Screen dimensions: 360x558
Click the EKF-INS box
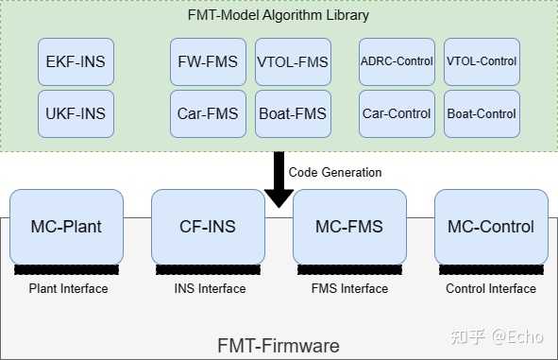point(76,62)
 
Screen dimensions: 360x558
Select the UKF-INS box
point(76,114)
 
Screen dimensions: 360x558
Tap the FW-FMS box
point(208,62)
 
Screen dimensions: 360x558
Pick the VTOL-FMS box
point(293,62)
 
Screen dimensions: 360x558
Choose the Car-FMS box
point(208,114)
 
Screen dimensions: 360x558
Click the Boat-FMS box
point(293,114)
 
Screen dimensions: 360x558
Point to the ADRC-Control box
point(397,62)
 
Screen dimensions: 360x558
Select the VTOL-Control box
point(482,62)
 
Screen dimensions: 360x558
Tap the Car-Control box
point(397,114)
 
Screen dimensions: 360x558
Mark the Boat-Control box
point(482,114)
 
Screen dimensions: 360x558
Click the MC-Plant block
point(67,227)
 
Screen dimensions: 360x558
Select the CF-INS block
point(208,227)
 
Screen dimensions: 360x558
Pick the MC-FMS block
point(349,227)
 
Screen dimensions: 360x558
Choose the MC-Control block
point(491,227)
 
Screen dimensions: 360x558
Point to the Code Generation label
point(335,173)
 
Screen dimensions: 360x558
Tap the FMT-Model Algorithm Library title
point(279,15)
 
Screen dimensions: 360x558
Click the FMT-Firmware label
point(279,346)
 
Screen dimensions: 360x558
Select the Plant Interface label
point(68,289)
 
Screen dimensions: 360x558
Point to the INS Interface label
point(209,289)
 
